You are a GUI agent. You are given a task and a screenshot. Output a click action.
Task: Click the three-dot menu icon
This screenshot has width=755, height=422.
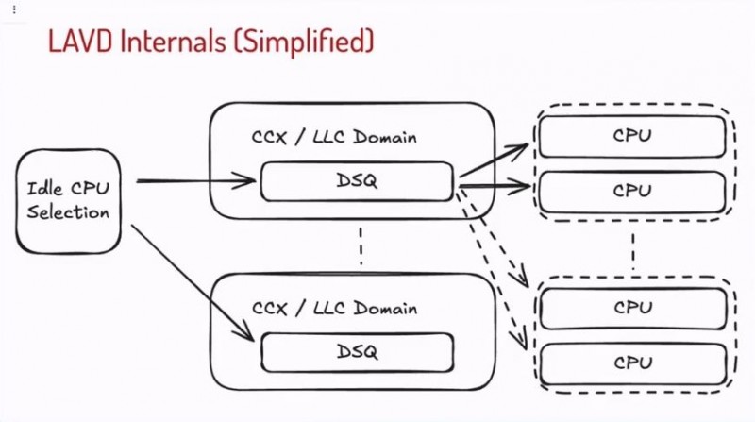click(x=13, y=9)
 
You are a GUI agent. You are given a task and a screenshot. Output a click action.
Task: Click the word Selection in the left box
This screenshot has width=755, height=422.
click(x=68, y=211)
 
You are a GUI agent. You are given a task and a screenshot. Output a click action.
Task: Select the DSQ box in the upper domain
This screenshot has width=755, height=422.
click(x=357, y=181)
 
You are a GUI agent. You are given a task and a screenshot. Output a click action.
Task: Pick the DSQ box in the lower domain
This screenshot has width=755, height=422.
click(x=357, y=352)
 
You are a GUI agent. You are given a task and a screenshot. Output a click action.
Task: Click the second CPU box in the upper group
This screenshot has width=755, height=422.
click(x=632, y=190)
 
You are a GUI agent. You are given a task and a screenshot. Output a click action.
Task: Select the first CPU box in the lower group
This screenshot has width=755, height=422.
click(x=632, y=307)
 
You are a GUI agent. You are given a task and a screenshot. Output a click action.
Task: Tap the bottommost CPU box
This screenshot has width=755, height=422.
click(x=632, y=362)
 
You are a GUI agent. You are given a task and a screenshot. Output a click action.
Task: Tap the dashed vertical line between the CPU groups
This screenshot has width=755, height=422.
click(x=632, y=247)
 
